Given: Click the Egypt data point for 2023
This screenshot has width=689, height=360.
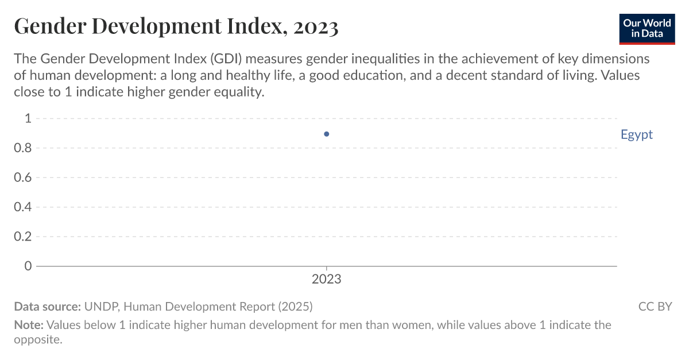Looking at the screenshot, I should coord(327,134).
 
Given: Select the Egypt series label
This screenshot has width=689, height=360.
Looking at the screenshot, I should coord(636,134).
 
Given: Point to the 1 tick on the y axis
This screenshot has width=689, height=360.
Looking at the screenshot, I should coord(27,119).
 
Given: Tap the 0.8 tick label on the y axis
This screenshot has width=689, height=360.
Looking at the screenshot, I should coord(23,148).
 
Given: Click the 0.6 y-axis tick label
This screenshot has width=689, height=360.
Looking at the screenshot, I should coord(23,177).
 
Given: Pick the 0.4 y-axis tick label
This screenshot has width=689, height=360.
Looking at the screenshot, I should coord(23,207).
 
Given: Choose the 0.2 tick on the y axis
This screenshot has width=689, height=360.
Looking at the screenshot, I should coord(23,237).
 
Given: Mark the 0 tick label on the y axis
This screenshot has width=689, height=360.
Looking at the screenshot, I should coord(27,266).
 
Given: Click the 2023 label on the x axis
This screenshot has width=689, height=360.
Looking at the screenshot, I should coord(327,280).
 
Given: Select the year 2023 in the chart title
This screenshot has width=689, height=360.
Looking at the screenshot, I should coord(315,26).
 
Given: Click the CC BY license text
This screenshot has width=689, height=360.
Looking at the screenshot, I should coord(655,307).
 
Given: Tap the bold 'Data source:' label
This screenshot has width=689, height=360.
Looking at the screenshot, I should coord(47,307).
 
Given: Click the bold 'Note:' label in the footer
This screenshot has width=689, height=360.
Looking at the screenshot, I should coord(28,325).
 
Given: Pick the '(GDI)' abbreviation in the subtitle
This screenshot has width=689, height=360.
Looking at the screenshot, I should coord(227,59).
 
